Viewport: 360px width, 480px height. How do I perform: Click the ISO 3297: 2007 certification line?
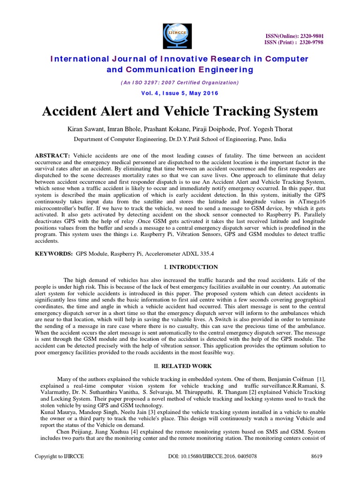(x=180, y=82)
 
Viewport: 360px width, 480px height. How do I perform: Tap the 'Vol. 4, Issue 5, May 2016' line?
(x=180, y=93)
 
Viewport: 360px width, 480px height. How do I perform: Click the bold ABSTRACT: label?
(x=53, y=155)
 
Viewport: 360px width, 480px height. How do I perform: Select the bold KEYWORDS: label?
(x=54, y=253)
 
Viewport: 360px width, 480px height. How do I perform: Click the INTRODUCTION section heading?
(x=193, y=267)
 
